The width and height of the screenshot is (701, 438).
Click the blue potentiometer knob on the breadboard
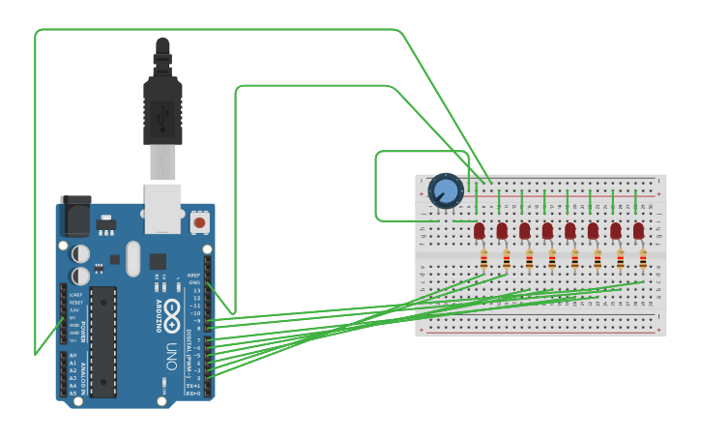pyautogui.click(x=446, y=190)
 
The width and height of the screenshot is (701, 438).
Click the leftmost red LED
pyautogui.click(x=480, y=230)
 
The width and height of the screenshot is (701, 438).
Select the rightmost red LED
pyautogui.click(x=638, y=230)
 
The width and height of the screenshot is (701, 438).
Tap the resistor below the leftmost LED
pyautogui.click(x=483, y=259)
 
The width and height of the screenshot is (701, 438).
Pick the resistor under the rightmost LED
pyautogui.click(x=643, y=259)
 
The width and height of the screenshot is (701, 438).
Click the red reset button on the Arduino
pyautogui.click(x=199, y=222)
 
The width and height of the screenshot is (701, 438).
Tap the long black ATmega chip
pyautogui.click(x=103, y=341)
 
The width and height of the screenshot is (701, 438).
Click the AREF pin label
pyautogui.click(x=193, y=275)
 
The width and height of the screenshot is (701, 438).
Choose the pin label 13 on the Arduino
pyautogui.click(x=196, y=290)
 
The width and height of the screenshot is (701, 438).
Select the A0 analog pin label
pyautogui.click(x=73, y=356)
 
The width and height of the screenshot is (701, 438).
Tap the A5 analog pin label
pyautogui.click(x=73, y=393)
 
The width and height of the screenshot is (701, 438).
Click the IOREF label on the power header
pyautogui.click(x=75, y=294)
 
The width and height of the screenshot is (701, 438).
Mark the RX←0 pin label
pyautogui.click(x=193, y=394)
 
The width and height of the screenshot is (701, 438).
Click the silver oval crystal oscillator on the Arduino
pyautogui.click(x=132, y=258)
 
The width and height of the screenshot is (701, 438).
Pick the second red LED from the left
pyautogui.click(x=502, y=230)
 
